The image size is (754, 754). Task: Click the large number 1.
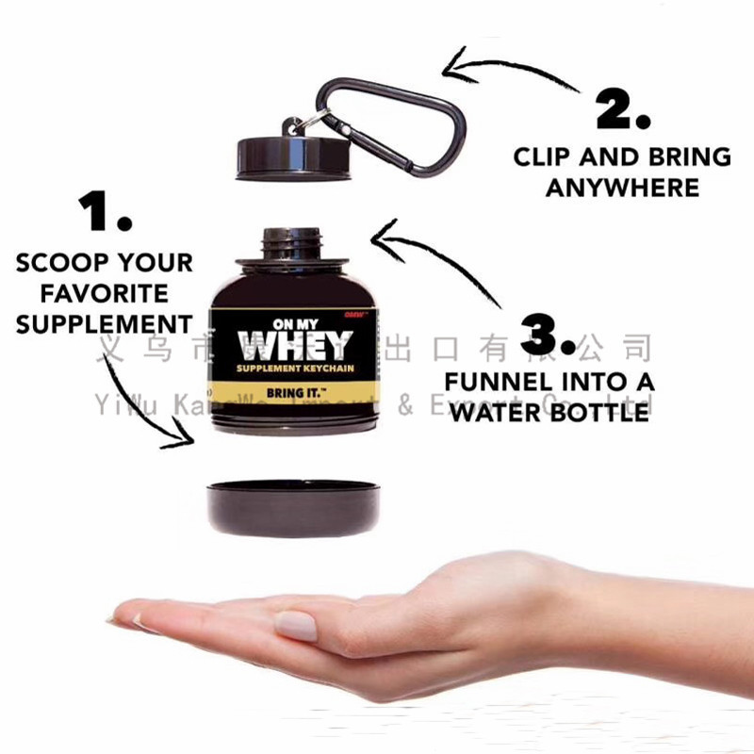pos(105,213)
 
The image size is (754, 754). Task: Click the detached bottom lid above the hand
pos(293,506)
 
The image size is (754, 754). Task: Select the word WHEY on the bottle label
pos(294,345)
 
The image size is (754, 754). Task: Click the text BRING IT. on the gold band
pos(294,389)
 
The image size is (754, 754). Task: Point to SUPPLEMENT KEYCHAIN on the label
pos(294,368)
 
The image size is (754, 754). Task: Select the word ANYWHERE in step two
pos(623,188)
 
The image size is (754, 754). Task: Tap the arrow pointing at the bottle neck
pos(443,264)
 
